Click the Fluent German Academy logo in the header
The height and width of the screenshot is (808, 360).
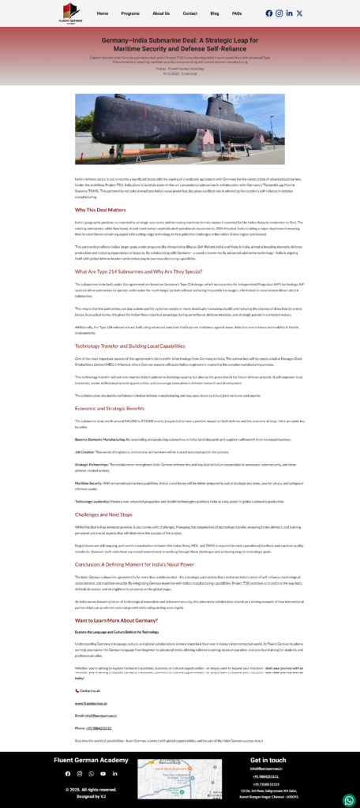point(72,13)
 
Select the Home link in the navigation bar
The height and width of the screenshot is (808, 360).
point(103,13)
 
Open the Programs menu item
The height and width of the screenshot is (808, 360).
point(130,13)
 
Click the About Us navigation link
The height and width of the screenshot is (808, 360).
point(161,13)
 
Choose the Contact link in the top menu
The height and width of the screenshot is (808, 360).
point(190,13)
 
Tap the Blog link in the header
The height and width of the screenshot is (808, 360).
point(215,13)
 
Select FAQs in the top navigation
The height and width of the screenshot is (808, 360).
point(237,13)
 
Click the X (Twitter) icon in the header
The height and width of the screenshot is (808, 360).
point(299,13)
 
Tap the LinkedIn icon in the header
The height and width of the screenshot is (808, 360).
point(289,13)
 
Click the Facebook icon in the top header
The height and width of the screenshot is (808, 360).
point(269,13)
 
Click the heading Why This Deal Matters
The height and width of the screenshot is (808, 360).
point(100,210)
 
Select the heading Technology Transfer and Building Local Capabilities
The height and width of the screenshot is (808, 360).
point(129,346)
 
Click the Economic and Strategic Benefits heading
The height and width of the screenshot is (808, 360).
point(110,408)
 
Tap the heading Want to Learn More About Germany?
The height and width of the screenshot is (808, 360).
point(117,620)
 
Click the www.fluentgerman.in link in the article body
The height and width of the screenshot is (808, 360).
point(91,702)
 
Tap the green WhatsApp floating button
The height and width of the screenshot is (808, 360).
point(349,800)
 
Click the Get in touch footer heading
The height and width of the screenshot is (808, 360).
point(268,760)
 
